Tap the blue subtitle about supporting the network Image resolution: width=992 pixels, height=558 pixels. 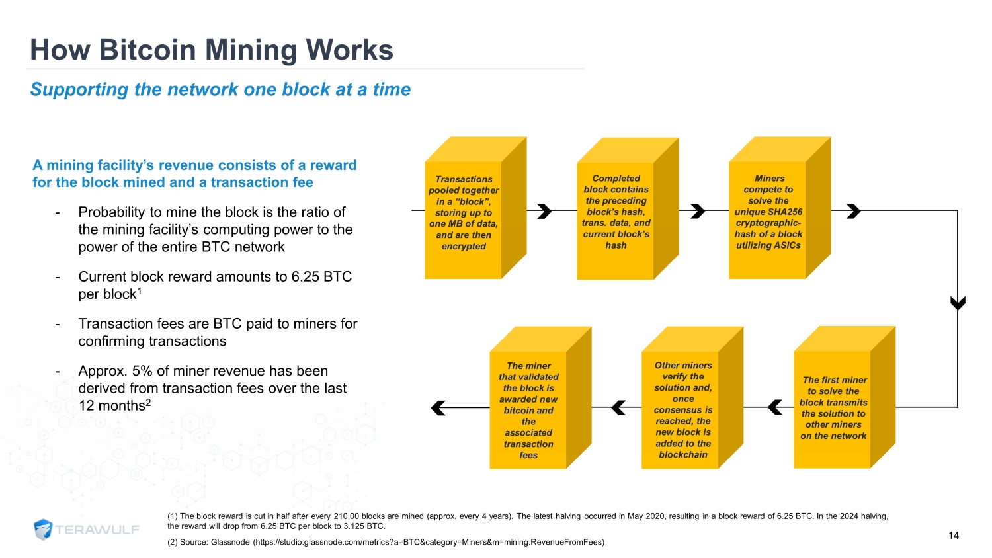tap(220, 89)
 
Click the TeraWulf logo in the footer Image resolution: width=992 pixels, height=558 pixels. tap(87, 530)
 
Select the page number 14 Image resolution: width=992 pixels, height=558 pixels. tap(954, 536)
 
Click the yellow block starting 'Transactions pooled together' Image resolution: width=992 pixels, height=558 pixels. tap(475, 208)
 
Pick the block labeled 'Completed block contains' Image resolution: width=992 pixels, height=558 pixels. tap(627, 208)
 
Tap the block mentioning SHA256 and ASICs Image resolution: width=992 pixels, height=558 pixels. tap(780, 208)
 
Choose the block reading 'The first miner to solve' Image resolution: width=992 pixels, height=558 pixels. tap(844, 397)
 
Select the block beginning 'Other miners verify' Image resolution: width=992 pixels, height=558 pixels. tap(692, 398)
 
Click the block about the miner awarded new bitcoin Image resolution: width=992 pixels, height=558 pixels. tap(540, 398)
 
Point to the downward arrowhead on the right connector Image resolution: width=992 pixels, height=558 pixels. tap(958, 303)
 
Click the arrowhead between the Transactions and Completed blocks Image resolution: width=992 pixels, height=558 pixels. tap(544, 211)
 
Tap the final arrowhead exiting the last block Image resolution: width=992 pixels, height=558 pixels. tap(438, 407)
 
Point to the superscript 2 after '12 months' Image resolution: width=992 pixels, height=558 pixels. tap(148, 402)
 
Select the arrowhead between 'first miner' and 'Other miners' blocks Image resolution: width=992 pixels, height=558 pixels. tap(774, 407)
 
